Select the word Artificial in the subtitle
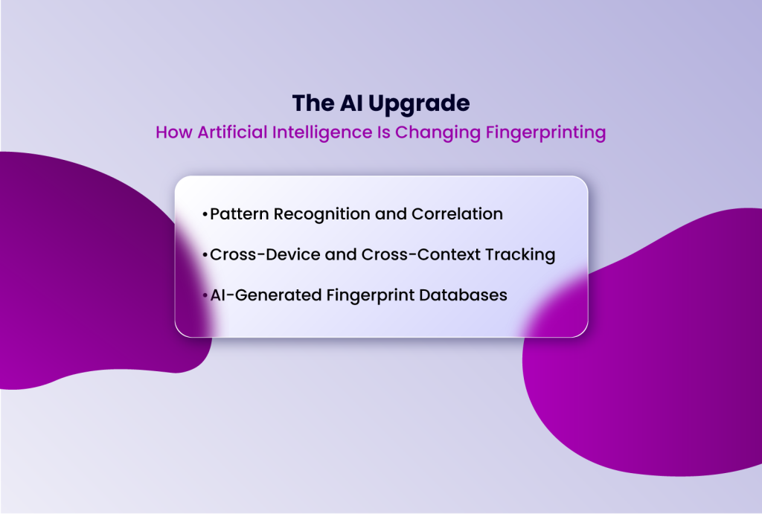pos(229,133)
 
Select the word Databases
pos(463,295)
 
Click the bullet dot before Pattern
pos(205,215)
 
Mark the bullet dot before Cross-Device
pos(205,255)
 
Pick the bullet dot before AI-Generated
pos(205,295)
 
